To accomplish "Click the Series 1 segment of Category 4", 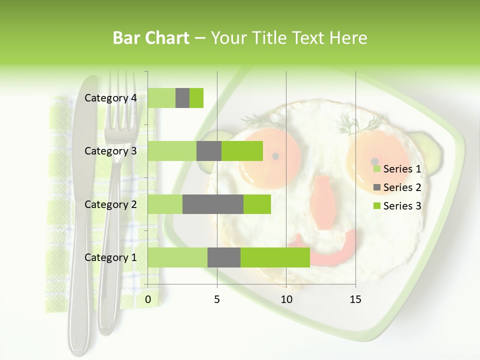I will click(x=161, y=98).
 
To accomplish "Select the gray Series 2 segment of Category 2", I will click(x=213, y=204).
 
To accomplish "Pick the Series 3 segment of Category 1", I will click(x=275, y=257).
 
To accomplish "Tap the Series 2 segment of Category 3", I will click(x=209, y=151).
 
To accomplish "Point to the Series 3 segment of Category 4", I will click(x=196, y=98).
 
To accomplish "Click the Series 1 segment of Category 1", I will click(x=177, y=257).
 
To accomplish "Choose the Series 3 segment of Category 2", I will click(x=257, y=204).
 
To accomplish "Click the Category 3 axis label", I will click(x=110, y=151).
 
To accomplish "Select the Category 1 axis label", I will click(x=110, y=257).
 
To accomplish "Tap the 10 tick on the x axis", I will click(x=286, y=299).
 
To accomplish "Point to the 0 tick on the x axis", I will click(x=148, y=299).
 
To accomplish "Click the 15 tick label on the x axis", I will click(x=355, y=299).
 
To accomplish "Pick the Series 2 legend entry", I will click(x=397, y=187).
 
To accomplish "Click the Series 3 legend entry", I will click(x=397, y=206).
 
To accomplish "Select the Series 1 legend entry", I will click(x=397, y=169).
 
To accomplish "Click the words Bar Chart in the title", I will click(x=151, y=38).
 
